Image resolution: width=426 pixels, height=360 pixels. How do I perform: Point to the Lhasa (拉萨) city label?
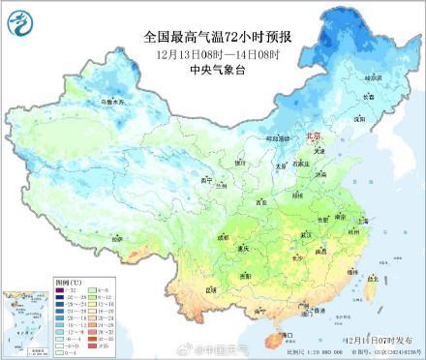click(117, 237)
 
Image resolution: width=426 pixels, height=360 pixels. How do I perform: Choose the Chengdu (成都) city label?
click(225, 236)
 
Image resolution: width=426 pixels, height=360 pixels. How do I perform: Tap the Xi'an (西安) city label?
click(260, 202)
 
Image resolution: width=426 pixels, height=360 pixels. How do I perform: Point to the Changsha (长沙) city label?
click(297, 258)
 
